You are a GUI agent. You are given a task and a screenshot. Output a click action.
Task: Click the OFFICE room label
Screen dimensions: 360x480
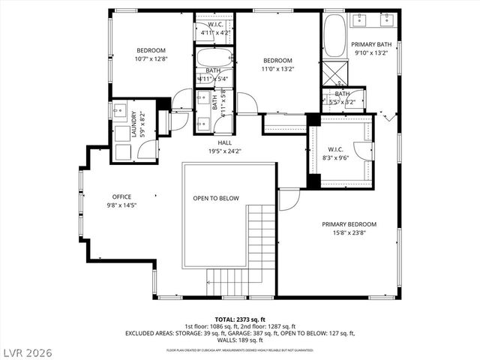(121, 196)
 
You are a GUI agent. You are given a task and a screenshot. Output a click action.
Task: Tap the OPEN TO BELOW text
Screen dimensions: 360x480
(215, 198)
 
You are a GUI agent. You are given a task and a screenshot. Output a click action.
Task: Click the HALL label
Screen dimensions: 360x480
(225, 142)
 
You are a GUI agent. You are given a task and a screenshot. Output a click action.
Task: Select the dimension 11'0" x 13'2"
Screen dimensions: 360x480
(277, 68)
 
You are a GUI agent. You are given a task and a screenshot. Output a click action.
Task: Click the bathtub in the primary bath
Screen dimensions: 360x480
(334, 36)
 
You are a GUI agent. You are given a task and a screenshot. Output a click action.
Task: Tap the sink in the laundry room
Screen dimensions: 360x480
(121, 109)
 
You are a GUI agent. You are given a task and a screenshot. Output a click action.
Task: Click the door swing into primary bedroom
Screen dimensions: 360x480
(289, 199)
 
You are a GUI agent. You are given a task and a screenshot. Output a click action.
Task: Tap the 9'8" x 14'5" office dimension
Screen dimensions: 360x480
(121, 205)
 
